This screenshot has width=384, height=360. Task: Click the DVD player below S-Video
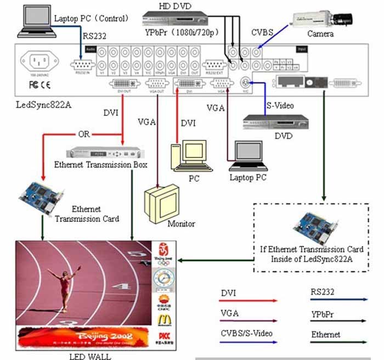tap(275, 122)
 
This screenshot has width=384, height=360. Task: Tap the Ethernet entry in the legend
tap(325, 334)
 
